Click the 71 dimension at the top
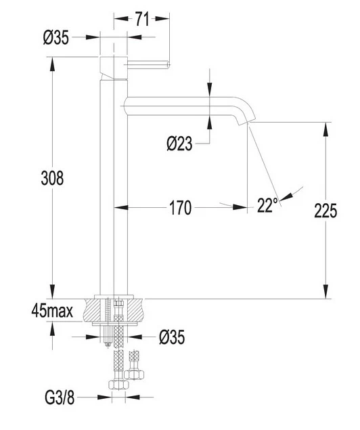click(x=142, y=19)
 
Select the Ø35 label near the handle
click(x=56, y=37)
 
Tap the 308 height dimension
click(x=52, y=178)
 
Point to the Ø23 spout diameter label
click(x=179, y=144)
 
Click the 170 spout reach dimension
click(x=181, y=208)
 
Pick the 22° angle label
click(x=267, y=205)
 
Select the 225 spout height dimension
click(x=325, y=211)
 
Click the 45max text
click(x=52, y=311)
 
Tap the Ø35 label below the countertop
click(x=172, y=337)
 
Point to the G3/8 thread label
click(x=60, y=397)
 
